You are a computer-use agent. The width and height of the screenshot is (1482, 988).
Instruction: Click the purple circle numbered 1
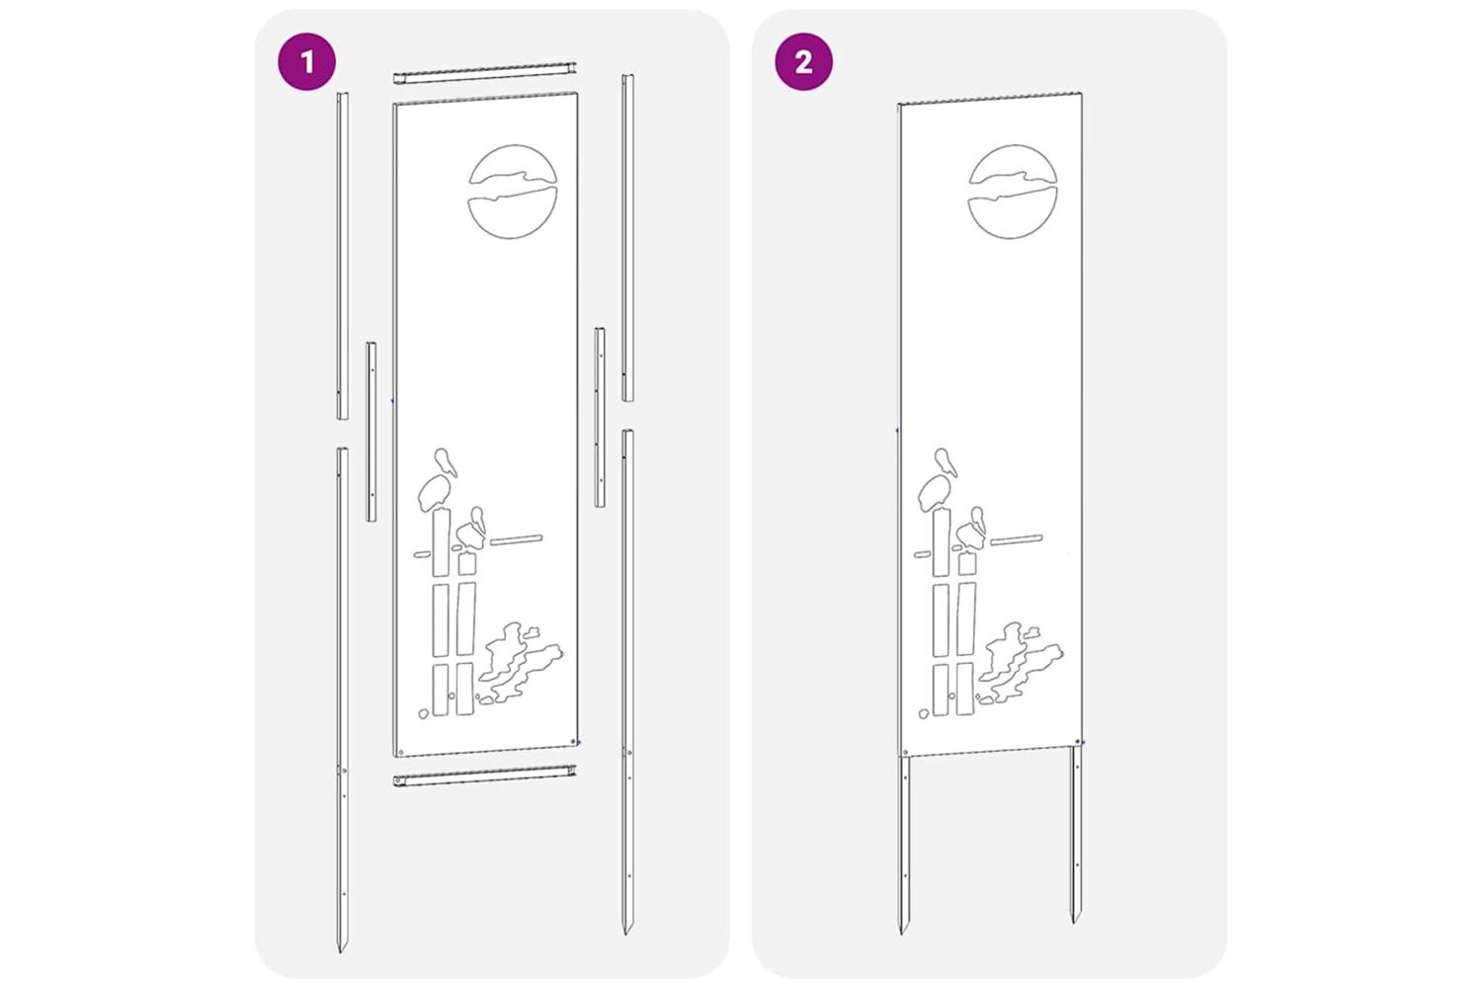(307, 61)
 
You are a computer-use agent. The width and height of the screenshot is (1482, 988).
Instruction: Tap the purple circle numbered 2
(804, 61)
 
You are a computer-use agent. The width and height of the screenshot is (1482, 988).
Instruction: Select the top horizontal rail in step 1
(486, 73)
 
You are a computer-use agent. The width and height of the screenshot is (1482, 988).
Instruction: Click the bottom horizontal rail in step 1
(485, 776)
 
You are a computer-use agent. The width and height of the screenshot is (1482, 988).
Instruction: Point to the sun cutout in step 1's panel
(513, 192)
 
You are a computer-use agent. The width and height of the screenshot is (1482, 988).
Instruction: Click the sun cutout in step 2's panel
(1013, 192)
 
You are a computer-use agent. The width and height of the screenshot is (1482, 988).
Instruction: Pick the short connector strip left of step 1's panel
(371, 432)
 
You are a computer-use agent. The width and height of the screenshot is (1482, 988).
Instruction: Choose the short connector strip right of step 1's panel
(600, 418)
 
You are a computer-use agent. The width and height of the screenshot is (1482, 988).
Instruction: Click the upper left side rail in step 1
(342, 256)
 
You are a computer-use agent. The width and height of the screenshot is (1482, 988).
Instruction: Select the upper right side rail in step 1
(627, 237)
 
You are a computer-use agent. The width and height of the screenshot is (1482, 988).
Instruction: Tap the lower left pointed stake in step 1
(342, 700)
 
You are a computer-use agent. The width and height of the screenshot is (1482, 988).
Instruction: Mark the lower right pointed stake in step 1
(627, 682)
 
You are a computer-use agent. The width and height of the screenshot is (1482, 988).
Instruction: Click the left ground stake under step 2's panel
(904, 845)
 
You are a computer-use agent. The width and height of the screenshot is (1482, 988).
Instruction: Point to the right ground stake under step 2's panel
(1077, 833)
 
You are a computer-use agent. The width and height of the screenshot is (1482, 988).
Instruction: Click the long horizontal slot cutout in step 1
(516, 540)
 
